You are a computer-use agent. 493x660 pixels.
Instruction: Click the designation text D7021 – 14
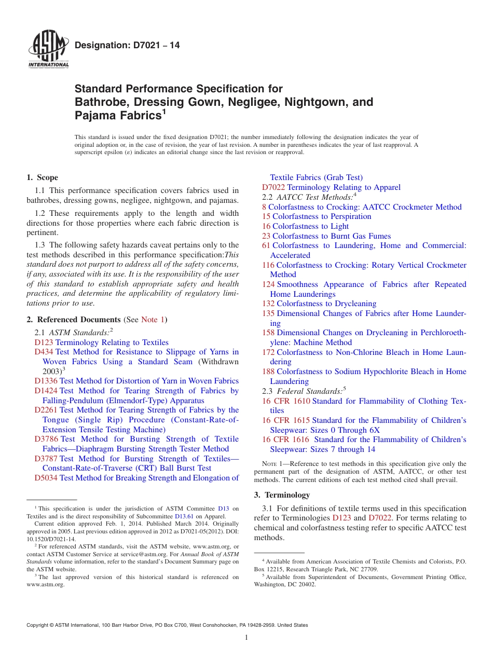coord(127,45)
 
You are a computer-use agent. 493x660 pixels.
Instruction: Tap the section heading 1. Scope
coord(43,177)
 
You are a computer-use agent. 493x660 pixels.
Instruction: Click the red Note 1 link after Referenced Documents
coord(153,320)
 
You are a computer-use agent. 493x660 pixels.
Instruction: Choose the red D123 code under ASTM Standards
coord(44,342)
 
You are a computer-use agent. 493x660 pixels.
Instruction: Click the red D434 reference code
coord(44,352)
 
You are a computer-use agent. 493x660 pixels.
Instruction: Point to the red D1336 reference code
coord(46,381)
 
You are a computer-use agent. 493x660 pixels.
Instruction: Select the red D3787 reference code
coord(46,459)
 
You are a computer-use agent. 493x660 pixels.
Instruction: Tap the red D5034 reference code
coord(46,478)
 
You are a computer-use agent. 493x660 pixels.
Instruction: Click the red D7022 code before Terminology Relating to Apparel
coord(273,187)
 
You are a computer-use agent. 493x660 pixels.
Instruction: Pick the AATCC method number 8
coord(264,207)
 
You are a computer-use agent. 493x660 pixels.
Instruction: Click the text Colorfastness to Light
coord(310,226)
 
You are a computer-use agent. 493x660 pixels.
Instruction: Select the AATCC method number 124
coord(268,284)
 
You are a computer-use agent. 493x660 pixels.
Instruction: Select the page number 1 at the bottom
coord(246,638)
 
